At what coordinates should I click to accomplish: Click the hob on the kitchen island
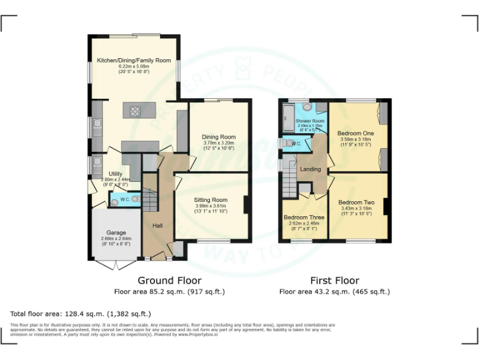tap(135, 111)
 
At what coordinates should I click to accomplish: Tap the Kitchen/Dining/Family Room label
tap(133, 61)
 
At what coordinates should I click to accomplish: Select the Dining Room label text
tap(218, 137)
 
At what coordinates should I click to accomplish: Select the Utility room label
tap(115, 174)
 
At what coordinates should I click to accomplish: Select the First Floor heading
tap(334, 281)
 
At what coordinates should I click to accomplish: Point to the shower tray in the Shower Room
tap(288, 115)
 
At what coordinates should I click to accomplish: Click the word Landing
tap(311, 169)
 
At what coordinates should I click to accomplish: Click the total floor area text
tap(81, 313)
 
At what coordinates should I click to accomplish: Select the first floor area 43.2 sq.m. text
tap(334, 291)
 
